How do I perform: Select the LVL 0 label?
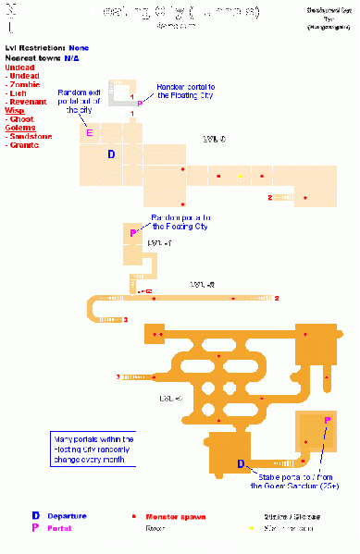coord(214,139)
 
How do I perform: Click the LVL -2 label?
coord(203,285)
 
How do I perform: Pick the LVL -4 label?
coord(171,398)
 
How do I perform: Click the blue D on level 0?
coord(111,154)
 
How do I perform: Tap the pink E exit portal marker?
coord(90,133)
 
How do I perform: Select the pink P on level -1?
coord(133,233)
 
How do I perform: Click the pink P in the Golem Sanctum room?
coord(327,421)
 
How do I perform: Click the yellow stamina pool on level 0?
coord(240,175)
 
